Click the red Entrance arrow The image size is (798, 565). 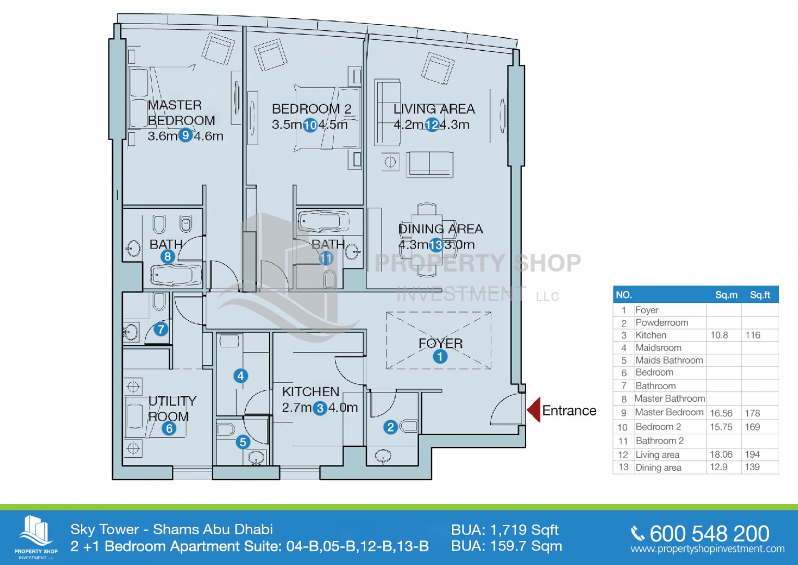tap(534, 410)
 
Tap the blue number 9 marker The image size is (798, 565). tap(185, 135)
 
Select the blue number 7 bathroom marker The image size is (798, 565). tap(160, 329)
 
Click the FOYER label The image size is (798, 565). tap(441, 344)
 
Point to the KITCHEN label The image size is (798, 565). tap(310, 392)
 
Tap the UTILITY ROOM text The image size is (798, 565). tap(172, 409)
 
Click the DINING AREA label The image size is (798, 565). tap(441, 229)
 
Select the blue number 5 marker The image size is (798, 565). tap(243, 442)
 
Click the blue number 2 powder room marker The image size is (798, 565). tap(390, 427)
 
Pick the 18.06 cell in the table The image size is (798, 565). tap(721, 455)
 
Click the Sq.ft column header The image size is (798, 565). tap(760, 295)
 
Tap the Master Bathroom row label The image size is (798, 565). tap(670, 399)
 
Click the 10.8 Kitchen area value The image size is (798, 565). tap(719, 335)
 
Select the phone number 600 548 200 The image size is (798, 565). tap(709, 534)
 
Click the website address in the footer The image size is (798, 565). tap(708, 549)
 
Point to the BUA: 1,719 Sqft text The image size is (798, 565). tap(504, 530)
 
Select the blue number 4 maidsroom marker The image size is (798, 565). tap(241, 376)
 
